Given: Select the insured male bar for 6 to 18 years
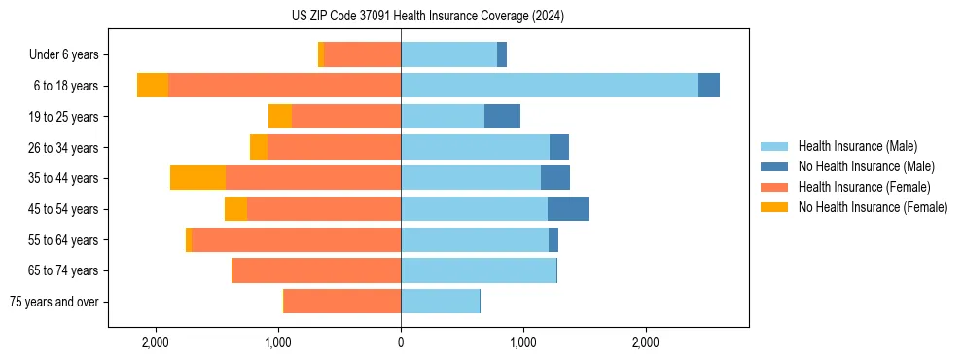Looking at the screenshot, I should [550, 86].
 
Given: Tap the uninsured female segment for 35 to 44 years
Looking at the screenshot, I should [197, 178].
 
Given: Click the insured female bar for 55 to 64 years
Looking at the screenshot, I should [296, 240].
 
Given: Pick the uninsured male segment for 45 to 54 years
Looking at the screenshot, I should [568, 209].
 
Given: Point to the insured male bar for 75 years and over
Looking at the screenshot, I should [440, 302].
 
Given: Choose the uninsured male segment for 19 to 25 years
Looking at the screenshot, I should [502, 117].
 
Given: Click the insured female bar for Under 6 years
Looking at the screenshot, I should [362, 54].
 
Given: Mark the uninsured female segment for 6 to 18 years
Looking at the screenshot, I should [153, 86].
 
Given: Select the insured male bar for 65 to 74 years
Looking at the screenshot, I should [479, 270].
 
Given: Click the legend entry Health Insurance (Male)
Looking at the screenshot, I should [857, 146].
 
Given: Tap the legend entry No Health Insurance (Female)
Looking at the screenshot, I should [873, 207].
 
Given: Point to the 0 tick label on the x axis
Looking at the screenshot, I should [401, 342].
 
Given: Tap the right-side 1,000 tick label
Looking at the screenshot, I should [523, 342].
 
